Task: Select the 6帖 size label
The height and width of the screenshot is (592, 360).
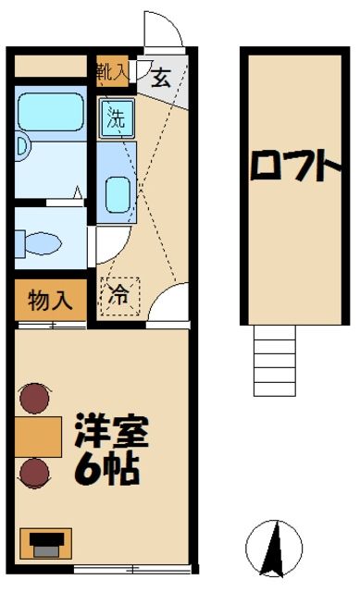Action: point(107,469)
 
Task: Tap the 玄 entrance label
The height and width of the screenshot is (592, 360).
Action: point(162,78)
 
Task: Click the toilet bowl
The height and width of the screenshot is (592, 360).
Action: point(39,243)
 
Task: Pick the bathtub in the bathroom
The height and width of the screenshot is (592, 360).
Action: point(52,110)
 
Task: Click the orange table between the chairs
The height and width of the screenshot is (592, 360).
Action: point(36,437)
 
